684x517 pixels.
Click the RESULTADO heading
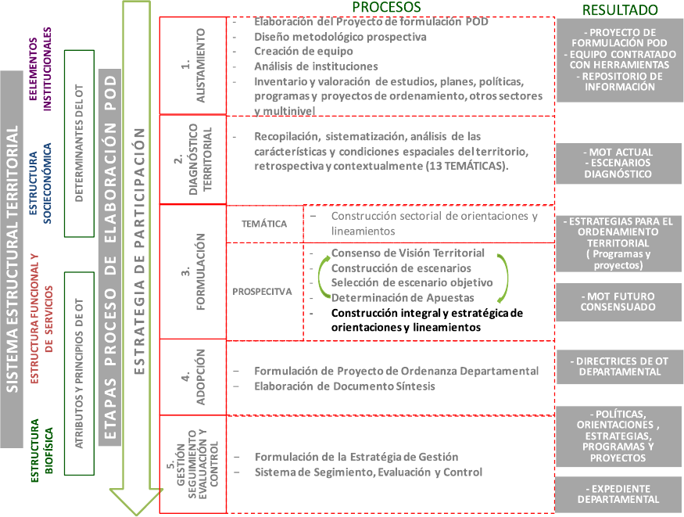click(621, 9)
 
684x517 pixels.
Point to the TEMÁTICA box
click(264, 224)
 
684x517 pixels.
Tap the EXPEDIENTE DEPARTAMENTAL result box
click(618, 494)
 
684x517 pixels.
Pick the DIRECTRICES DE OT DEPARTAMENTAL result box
click(618, 367)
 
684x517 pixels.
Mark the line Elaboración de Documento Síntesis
click(346, 386)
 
